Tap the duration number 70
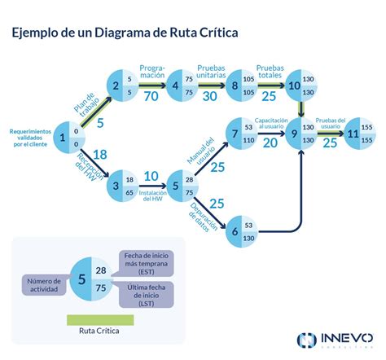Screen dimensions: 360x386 tap(151, 96)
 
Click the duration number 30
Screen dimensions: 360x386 tap(211, 96)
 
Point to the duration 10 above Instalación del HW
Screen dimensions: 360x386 tap(151, 176)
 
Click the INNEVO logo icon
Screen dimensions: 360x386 tap(307, 340)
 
